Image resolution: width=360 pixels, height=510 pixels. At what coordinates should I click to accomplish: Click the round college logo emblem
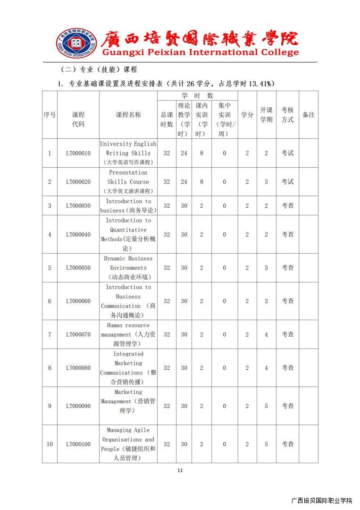[x=75, y=43]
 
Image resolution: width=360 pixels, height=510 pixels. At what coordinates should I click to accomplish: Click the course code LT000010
[x=78, y=153]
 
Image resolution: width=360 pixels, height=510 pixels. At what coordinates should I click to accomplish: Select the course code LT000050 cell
[x=78, y=268]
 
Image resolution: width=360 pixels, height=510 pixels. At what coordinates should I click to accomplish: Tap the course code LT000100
[x=78, y=444]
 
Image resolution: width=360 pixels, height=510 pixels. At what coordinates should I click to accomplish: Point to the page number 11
[x=180, y=470]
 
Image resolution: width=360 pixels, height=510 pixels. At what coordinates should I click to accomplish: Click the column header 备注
[x=308, y=115]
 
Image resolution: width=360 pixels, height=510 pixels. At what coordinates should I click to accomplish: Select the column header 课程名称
[x=128, y=115]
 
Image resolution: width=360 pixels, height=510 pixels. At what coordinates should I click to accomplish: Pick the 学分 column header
[x=247, y=115]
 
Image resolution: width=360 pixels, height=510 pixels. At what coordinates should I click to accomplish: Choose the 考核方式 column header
[x=287, y=115]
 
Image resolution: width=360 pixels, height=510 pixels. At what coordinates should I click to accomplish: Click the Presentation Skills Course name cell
[x=128, y=182]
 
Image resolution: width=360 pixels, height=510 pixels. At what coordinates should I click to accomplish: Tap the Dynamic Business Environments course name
[x=128, y=268]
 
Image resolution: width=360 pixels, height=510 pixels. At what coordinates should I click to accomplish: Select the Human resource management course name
[x=128, y=334]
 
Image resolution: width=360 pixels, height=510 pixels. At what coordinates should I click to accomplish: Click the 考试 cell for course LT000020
[x=287, y=182]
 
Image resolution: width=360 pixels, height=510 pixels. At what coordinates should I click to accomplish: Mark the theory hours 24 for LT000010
[x=184, y=153]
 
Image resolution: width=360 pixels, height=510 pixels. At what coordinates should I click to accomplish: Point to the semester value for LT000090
[x=266, y=406]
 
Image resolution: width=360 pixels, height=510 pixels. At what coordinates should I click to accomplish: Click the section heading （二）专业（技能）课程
[x=99, y=69]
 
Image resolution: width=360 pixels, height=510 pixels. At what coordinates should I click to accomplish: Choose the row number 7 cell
[x=50, y=334]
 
